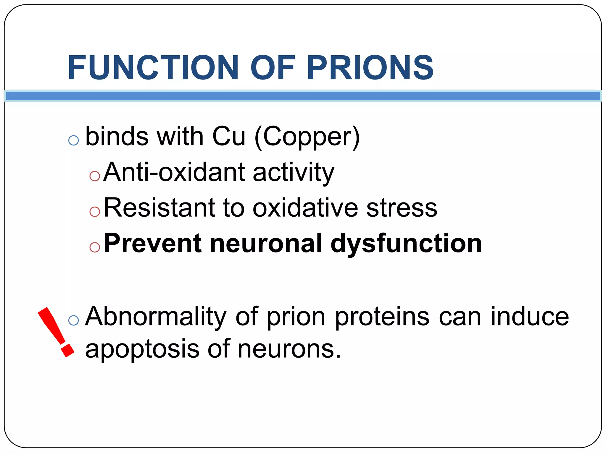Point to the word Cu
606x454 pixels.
point(229,137)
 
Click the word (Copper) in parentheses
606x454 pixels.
point(307,137)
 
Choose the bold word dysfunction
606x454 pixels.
point(406,244)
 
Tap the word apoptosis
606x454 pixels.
point(142,349)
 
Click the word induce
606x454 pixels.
point(530,316)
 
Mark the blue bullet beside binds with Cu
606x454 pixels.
point(73,140)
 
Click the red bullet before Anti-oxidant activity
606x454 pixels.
point(95,176)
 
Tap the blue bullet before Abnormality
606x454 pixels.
point(73,320)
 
